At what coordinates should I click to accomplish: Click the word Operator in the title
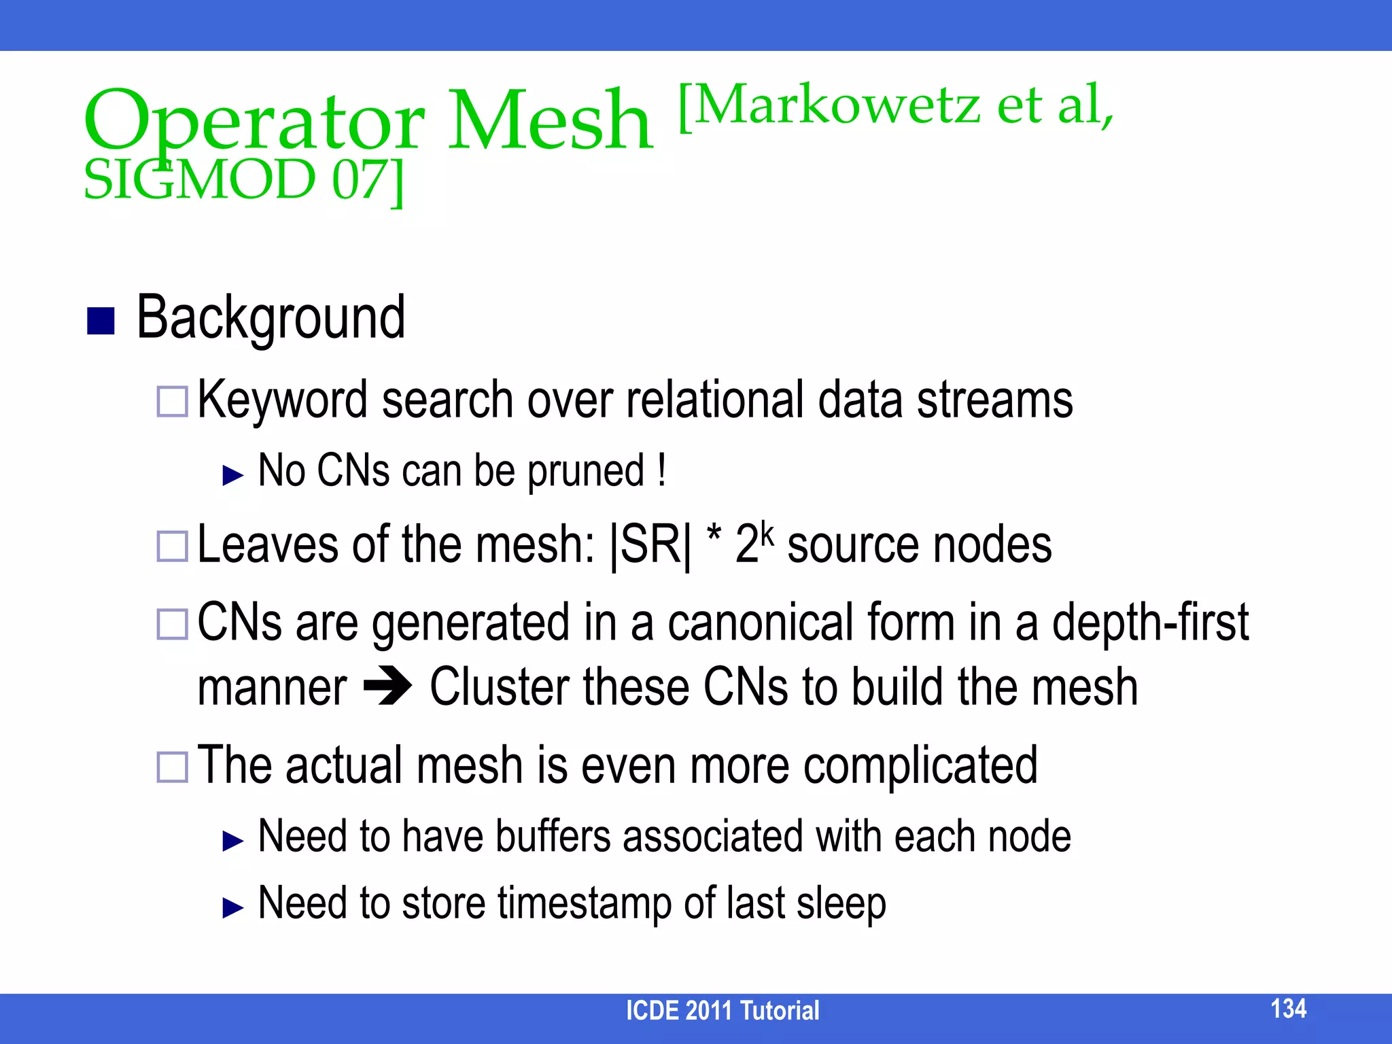click(x=254, y=122)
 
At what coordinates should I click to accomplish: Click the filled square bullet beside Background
click(x=101, y=321)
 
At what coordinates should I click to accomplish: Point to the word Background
click(x=271, y=317)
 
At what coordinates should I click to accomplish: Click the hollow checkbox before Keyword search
click(x=172, y=402)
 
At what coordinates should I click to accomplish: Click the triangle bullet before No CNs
click(x=232, y=475)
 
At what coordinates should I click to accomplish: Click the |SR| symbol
click(x=650, y=546)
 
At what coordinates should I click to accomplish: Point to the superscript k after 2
click(x=767, y=532)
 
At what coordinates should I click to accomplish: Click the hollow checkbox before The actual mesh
click(x=172, y=767)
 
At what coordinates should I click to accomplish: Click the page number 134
click(x=1288, y=1008)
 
